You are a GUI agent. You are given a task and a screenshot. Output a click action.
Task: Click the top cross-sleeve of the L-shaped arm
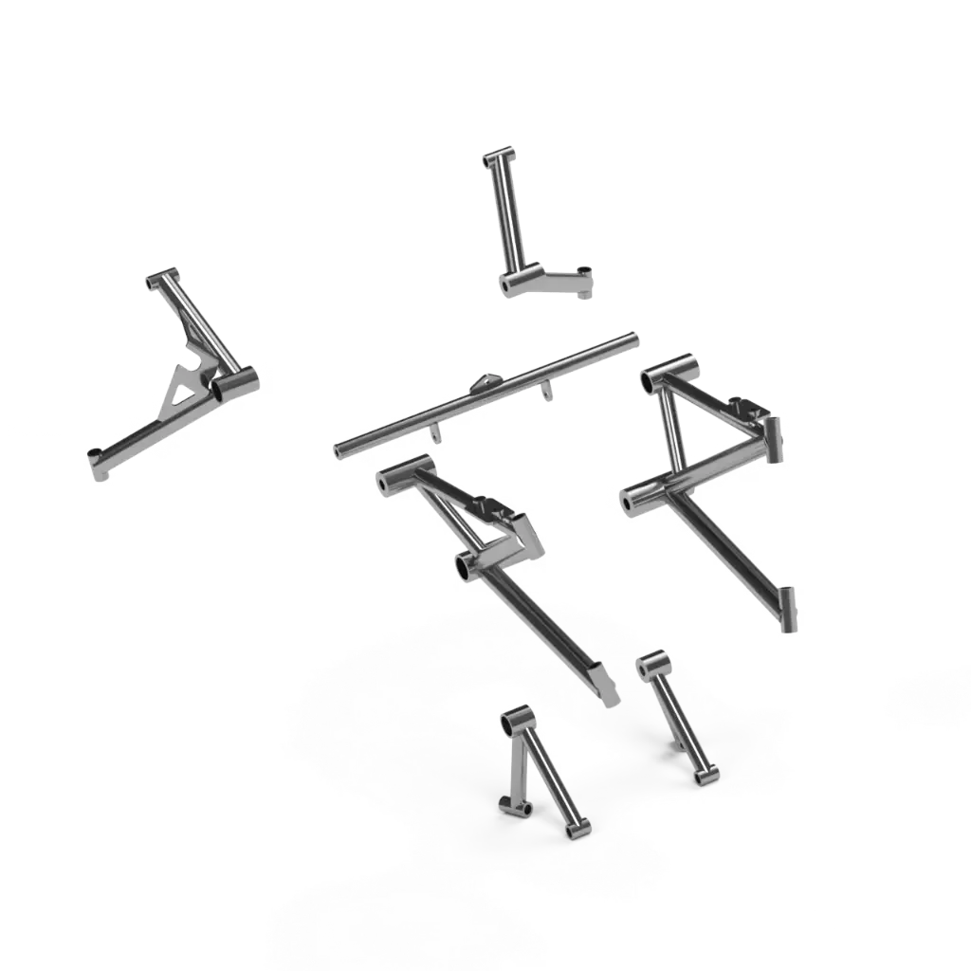pos(499,157)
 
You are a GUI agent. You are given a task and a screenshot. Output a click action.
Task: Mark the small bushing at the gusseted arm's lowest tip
pos(97,460)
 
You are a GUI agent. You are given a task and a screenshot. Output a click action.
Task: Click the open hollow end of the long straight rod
pos(339,449)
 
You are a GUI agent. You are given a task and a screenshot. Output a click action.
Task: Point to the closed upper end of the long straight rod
pos(631,339)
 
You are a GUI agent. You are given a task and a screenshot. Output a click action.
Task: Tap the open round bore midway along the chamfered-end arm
pos(466,566)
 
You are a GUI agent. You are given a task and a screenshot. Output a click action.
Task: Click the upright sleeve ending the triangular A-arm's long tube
pos(786,608)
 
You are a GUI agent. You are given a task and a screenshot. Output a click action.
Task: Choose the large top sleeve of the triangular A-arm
pos(668,368)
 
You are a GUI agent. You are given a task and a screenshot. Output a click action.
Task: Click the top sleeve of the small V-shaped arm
pos(518,721)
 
